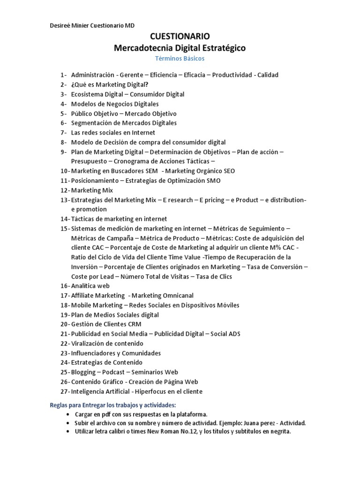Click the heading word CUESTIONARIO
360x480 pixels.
coord(180,37)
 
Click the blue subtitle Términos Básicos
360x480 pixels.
coord(180,59)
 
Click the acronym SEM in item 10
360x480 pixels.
coord(152,171)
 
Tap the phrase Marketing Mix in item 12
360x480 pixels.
coord(92,190)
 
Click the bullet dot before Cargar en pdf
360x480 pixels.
coord(68,415)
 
